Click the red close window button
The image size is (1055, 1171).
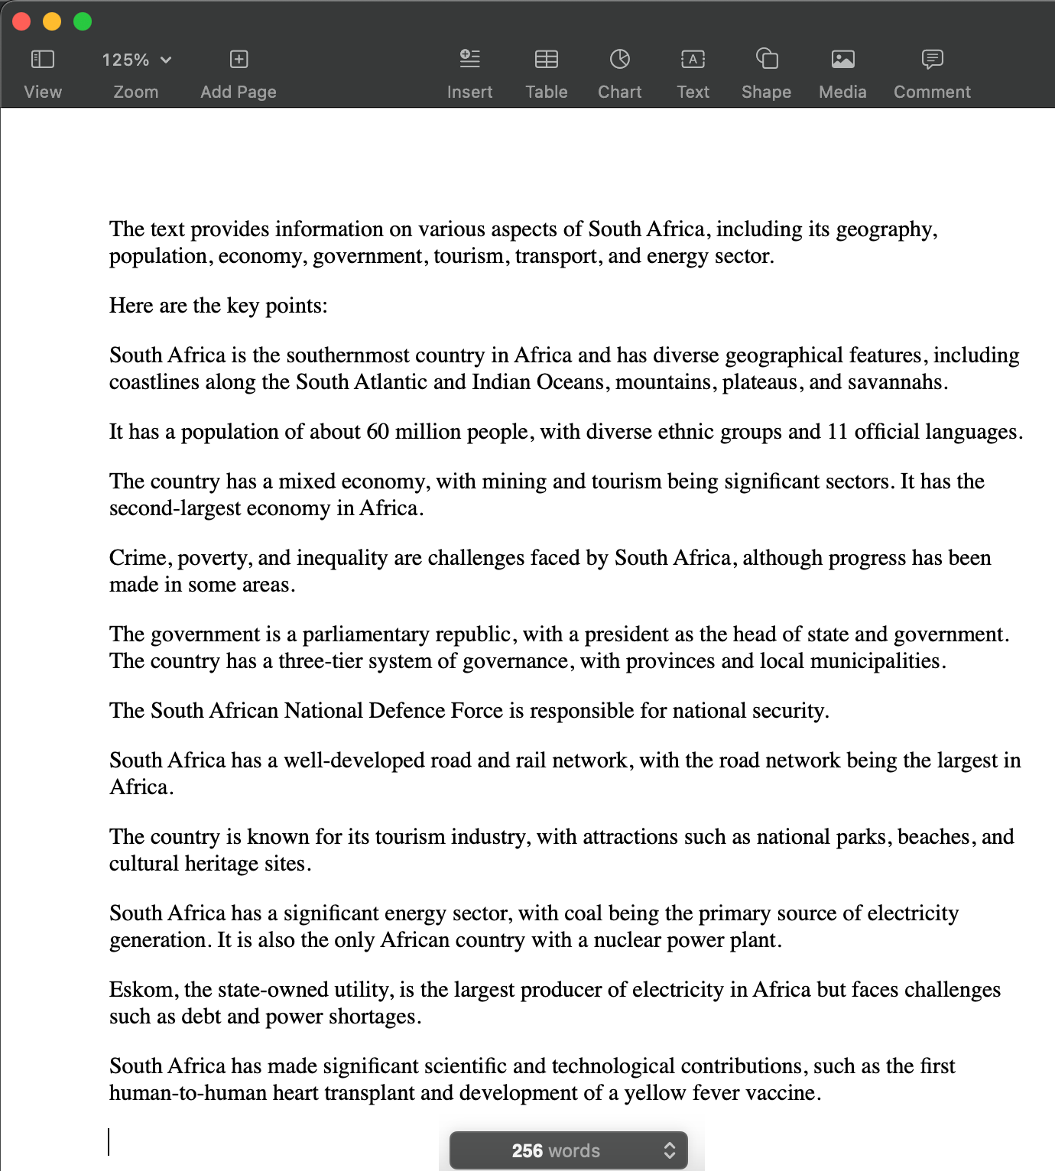21,21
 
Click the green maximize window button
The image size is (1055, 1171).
83,21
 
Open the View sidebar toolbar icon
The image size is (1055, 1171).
43,59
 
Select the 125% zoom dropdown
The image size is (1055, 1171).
136,60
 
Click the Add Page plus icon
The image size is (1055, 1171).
239,59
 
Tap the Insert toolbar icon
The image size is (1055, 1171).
469,59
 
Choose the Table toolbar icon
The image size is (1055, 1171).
547,59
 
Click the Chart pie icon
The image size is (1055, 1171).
619,59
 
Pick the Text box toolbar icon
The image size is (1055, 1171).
693,59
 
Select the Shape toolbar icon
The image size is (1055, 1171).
766,59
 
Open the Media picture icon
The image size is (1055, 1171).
842,59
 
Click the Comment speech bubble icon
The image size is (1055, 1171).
932,59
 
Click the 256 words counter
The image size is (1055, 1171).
556,1150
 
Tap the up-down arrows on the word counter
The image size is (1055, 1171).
669,1150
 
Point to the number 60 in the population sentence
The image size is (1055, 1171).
378,432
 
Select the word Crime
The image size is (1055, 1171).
138,558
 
